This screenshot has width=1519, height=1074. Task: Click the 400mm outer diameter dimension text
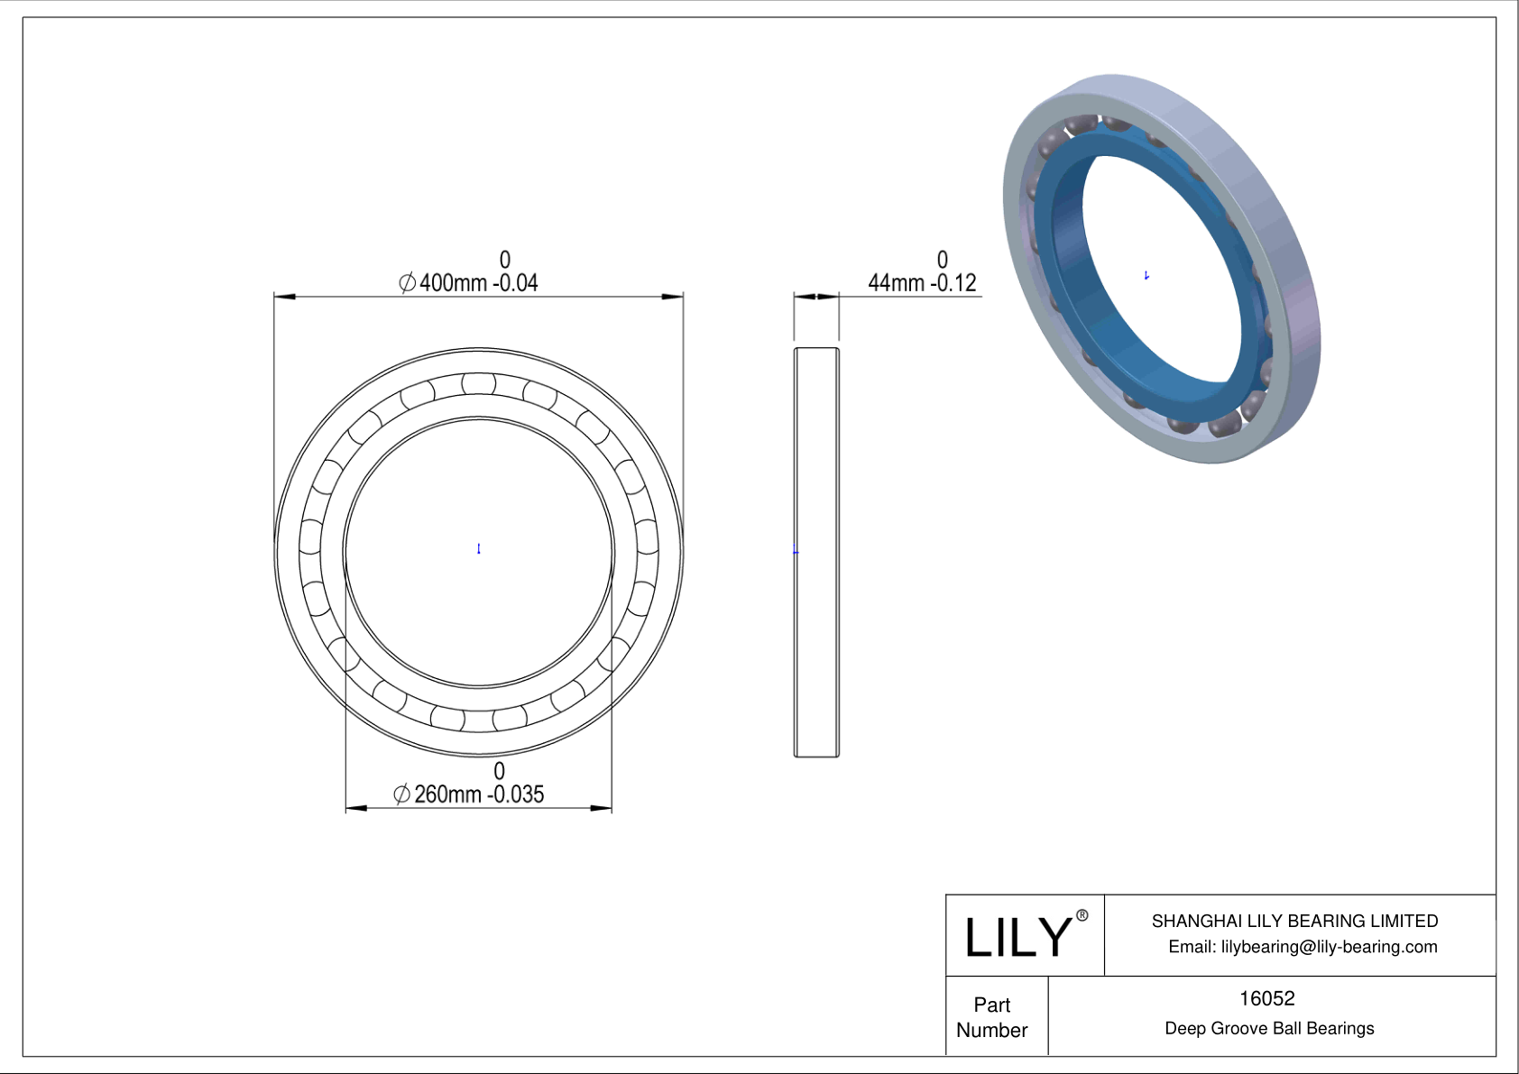469,282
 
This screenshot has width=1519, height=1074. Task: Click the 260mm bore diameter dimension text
469,794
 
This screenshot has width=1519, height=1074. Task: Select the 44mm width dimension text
922,282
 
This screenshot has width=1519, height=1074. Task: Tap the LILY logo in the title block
1017,937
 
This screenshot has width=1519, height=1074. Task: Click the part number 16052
1266,998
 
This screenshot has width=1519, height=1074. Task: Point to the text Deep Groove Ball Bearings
1269,1028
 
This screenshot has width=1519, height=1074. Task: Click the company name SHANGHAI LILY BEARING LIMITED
1294,921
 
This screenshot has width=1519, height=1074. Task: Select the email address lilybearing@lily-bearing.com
1303,947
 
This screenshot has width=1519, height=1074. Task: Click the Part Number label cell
992,1017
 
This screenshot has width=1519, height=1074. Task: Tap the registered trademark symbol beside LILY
1082,915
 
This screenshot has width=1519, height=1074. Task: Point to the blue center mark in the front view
479,548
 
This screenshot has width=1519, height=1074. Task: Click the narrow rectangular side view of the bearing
816,552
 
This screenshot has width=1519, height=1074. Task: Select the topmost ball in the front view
478,384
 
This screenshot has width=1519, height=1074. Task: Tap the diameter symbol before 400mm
407,283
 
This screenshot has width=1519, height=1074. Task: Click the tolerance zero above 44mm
943,260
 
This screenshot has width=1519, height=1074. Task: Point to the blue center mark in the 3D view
1146,275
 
